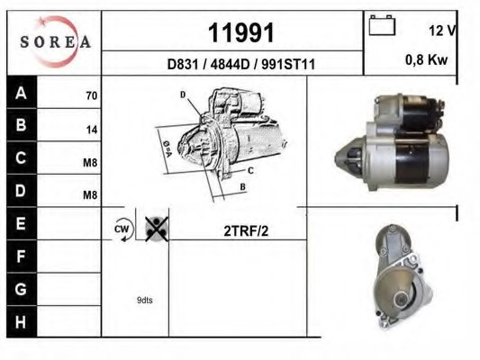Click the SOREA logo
point(56,41)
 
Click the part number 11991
point(241,32)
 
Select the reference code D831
point(183,64)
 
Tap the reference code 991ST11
point(288,64)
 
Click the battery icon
point(382,25)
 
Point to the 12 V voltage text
point(442,30)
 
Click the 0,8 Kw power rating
point(427,59)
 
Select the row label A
point(21,93)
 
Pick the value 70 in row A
point(92,95)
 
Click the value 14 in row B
point(92,130)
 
